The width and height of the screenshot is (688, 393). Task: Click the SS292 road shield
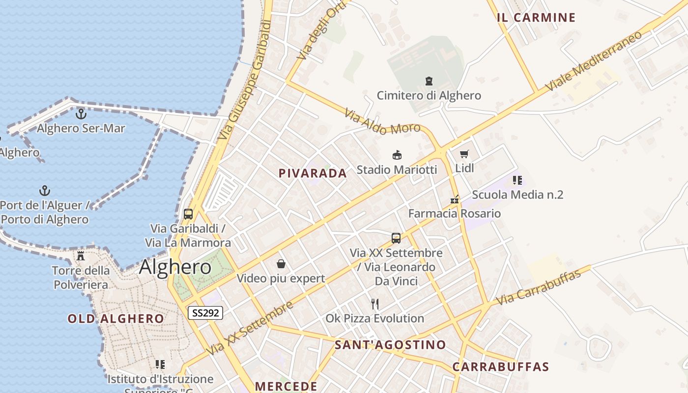click(205, 313)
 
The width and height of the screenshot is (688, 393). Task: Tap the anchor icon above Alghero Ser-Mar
click(81, 114)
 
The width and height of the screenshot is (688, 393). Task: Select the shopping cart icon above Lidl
click(464, 154)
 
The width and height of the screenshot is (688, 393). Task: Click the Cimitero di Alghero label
click(429, 95)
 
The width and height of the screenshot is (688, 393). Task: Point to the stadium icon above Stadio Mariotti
click(397, 155)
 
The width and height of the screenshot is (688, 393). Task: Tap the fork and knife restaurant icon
click(375, 304)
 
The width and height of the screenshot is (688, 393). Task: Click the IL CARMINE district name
click(536, 18)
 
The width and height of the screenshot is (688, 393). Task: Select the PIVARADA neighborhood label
click(313, 173)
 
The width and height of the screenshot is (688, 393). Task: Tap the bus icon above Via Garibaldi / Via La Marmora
click(188, 214)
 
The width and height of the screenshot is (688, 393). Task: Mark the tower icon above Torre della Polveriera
click(81, 256)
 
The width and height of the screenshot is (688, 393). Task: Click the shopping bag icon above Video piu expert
click(281, 264)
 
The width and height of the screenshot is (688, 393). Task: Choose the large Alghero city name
click(175, 267)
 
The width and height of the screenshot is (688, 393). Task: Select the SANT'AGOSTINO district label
click(390, 345)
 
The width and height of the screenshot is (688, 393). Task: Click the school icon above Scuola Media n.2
click(517, 180)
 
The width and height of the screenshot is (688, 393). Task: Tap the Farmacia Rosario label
click(455, 213)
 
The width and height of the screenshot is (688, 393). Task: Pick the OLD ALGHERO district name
click(116, 318)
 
